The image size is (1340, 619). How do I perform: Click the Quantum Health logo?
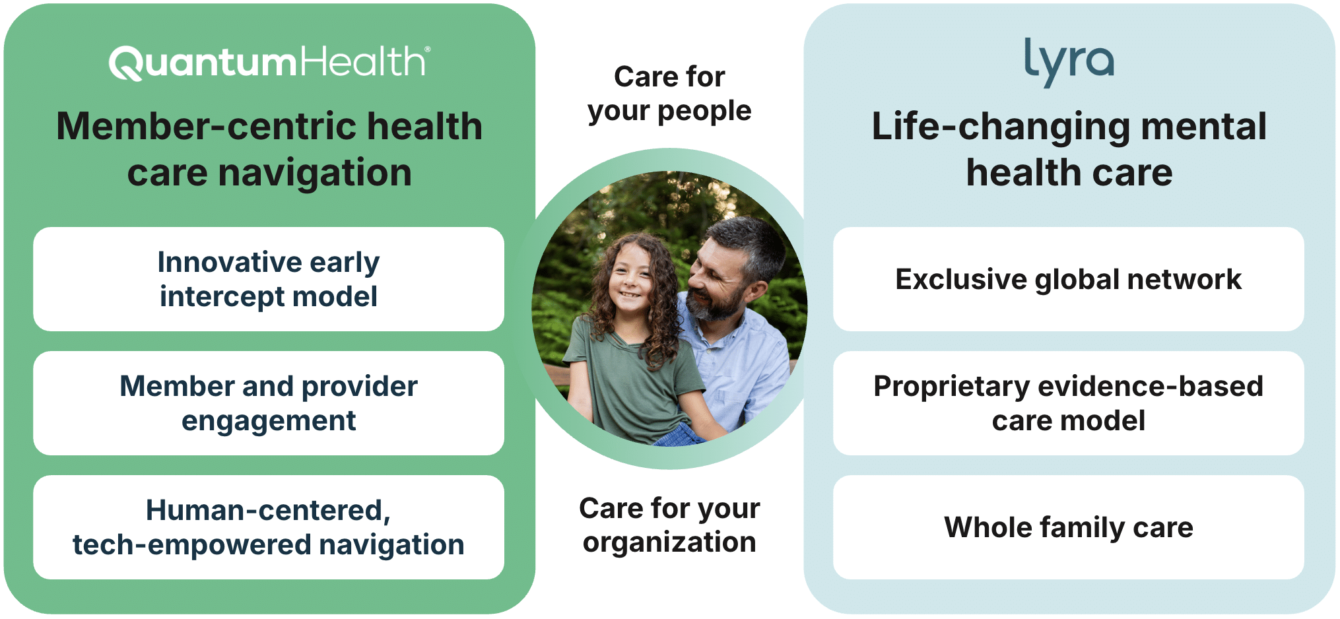(269, 63)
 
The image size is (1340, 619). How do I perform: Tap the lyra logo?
(1069, 61)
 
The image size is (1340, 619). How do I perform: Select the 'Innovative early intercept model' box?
(269, 279)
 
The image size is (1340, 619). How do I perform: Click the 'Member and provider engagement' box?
(269, 403)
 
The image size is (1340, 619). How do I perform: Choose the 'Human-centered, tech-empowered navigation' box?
(269, 527)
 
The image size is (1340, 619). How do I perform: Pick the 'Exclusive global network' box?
(1069, 279)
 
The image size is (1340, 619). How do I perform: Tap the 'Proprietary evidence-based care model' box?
(1069, 403)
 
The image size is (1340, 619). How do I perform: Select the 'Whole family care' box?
(1069, 527)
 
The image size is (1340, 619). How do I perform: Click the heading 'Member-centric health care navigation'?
(269, 149)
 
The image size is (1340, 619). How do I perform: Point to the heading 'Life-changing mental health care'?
(1069, 149)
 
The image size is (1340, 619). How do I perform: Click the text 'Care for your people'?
(669, 94)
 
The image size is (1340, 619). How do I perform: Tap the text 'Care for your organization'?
(669, 525)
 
